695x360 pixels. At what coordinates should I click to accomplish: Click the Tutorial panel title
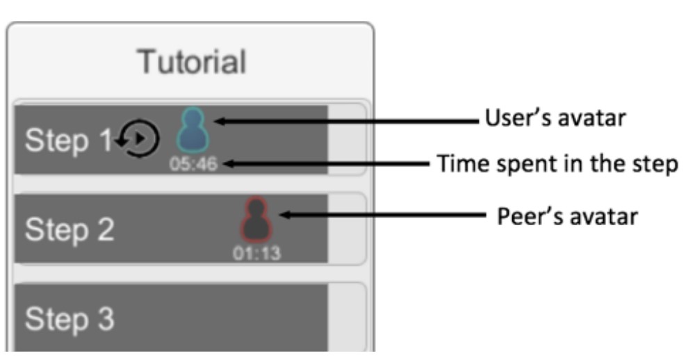(x=191, y=63)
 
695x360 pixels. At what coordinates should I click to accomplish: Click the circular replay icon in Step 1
(x=140, y=138)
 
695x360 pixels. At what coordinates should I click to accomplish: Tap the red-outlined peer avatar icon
(x=256, y=220)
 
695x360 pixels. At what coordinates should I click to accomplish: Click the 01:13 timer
(x=256, y=253)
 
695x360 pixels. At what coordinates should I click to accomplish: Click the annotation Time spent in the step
(x=557, y=164)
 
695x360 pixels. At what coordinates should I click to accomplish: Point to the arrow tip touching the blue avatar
(x=215, y=121)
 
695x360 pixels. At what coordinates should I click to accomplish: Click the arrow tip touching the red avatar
(x=279, y=216)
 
